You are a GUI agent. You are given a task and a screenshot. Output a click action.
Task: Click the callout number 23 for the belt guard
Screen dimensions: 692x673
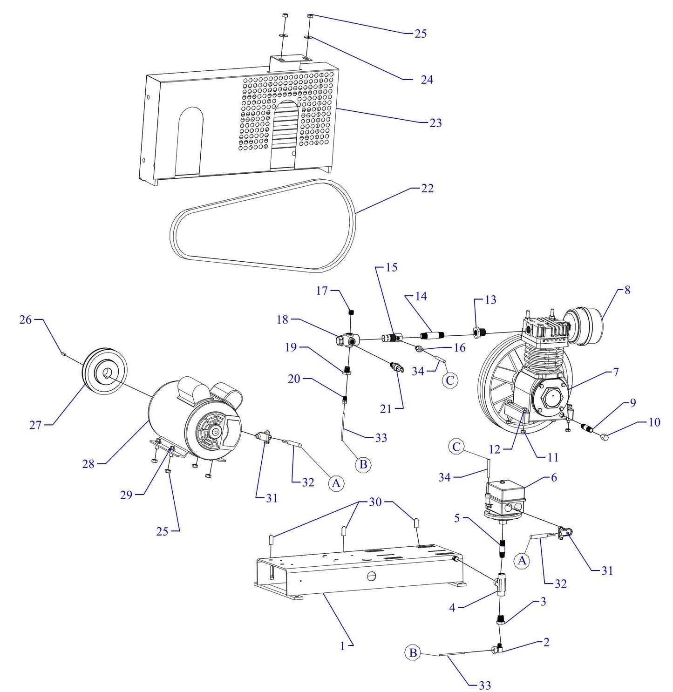435,123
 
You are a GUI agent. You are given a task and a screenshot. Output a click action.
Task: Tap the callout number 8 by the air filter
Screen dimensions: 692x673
627,290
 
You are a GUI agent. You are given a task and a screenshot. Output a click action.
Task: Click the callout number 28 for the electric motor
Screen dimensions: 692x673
88,464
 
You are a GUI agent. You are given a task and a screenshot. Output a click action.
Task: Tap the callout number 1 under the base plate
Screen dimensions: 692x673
342,646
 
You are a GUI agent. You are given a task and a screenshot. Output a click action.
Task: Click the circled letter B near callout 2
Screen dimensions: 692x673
413,653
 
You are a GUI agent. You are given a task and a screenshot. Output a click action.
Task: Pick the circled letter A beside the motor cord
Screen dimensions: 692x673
336,483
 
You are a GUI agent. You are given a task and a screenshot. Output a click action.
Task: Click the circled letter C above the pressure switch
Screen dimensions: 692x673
457,447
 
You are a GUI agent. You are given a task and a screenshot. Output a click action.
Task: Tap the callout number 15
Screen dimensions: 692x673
392,268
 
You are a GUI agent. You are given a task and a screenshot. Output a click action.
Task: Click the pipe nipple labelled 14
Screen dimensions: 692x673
433,335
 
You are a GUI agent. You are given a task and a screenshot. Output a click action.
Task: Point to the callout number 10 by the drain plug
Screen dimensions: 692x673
654,422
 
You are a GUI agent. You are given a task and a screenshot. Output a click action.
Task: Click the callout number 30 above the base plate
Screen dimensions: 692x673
375,502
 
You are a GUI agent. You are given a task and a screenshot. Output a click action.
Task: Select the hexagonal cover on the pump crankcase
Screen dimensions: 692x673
552,400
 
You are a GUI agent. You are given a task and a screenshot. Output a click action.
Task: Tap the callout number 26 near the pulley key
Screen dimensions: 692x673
25,319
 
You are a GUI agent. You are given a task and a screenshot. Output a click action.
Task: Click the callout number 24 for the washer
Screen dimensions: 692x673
427,80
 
